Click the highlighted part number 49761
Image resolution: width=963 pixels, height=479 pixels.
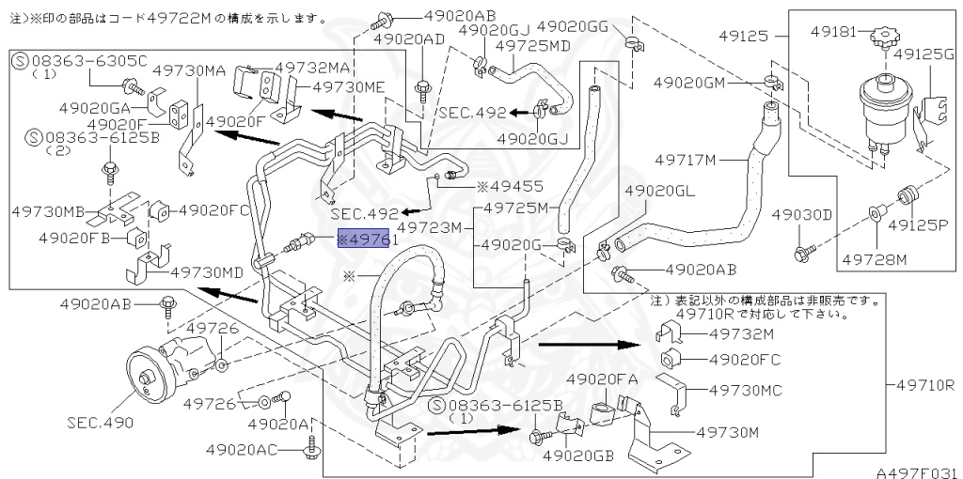(368, 240)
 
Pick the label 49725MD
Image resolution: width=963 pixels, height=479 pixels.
(532, 45)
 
